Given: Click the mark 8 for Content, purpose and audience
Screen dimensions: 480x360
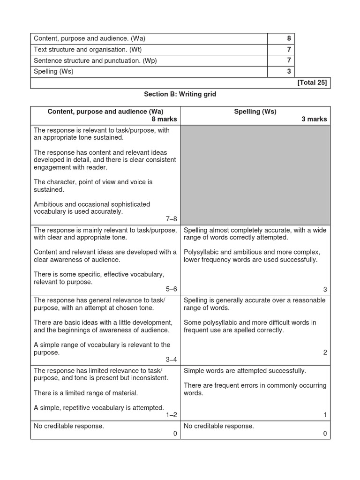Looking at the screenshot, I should coord(289,39).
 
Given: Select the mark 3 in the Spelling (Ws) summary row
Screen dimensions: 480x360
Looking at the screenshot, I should coord(289,72).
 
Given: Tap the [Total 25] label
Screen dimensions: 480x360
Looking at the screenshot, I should coord(312,83).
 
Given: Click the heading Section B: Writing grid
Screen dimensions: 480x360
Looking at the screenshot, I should coord(180,94).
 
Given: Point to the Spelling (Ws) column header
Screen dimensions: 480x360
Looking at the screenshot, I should coord(255,112).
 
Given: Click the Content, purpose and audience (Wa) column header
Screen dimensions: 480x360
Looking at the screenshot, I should coord(105,112).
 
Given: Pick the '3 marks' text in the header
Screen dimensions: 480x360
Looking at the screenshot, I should coord(314,120).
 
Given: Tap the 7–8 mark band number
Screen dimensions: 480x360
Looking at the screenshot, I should coord(170,219).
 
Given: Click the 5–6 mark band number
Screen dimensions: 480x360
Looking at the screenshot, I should coord(170,289).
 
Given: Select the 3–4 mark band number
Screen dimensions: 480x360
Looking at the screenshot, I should coord(170,360).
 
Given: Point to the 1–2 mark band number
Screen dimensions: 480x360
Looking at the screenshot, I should coord(170,415).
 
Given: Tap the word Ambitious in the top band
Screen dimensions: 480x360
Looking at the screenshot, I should coord(50,204).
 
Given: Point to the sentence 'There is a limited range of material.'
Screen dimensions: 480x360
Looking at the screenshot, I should coord(86,393).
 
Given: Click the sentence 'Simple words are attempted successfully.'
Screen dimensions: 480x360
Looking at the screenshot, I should coord(245,371).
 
